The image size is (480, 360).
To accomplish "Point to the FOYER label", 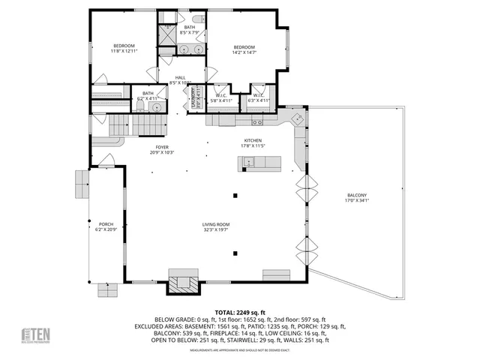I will click(x=162, y=149).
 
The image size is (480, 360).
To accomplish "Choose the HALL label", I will click(x=181, y=80).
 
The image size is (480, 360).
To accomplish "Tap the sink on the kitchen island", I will click(x=247, y=162).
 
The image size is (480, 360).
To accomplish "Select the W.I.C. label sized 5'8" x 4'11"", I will click(x=221, y=97).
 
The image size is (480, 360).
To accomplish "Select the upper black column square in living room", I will click(x=234, y=195).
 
